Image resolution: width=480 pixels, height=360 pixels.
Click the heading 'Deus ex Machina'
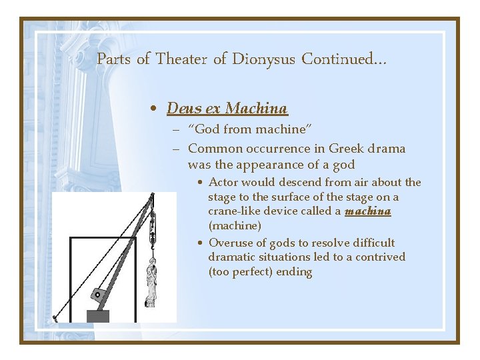tap(227, 108)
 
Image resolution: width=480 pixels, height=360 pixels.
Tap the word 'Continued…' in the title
tap(344, 59)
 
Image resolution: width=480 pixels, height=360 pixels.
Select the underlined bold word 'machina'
tap(367, 211)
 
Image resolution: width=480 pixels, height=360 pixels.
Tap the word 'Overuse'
tap(231, 243)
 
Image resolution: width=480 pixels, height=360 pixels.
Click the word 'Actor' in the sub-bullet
tap(223, 182)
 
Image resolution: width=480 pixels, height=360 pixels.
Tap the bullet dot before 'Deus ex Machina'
tap(154, 109)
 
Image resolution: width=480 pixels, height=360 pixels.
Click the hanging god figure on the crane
tap(151, 283)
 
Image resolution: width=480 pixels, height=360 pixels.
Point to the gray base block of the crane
tap(98, 316)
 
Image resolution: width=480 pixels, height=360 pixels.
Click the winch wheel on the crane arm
tap(99, 294)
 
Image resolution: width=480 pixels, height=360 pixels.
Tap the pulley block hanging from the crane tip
tap(152, 227)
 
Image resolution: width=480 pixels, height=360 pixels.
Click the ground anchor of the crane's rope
tap(55, 317)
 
